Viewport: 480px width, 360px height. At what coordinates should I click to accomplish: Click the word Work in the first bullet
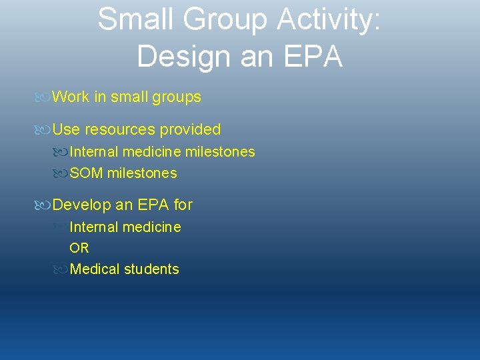click(71, 97)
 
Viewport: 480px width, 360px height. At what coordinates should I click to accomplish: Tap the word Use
click(65, 129)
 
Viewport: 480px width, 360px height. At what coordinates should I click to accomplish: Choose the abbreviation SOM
click(86, 173)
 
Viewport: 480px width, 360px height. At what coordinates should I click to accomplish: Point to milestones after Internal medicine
click(219, 152)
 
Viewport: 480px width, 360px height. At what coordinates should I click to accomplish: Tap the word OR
click(79, 248)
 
